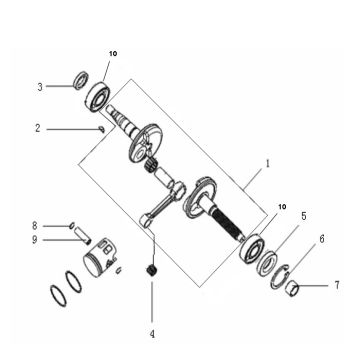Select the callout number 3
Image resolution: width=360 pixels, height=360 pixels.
[40, 86]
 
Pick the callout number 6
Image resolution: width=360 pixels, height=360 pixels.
[321, 240]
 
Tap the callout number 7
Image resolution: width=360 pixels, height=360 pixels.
[337, 286]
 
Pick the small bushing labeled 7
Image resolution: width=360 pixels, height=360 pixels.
[295, 288]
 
